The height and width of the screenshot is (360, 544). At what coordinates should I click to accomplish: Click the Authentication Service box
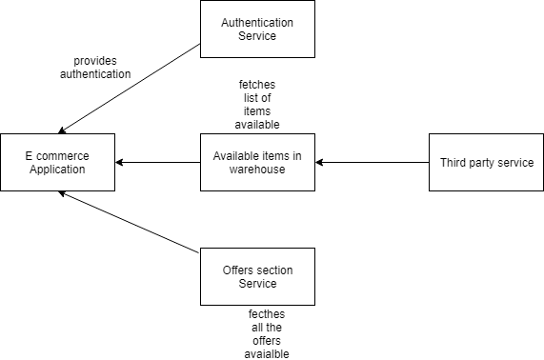[x=257, y=29]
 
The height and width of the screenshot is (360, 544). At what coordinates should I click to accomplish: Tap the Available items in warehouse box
[x=257, y=162]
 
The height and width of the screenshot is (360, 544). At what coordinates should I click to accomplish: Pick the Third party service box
[x=486, y=162]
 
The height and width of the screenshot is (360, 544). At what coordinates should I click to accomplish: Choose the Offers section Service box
[x=257, y=276]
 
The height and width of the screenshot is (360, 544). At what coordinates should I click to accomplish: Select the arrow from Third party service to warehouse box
[x=372, y=163]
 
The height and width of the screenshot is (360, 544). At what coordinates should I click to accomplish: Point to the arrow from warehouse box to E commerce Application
[x=157, y=163]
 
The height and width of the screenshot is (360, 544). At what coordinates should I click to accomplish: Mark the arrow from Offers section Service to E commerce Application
[x=130, y=222]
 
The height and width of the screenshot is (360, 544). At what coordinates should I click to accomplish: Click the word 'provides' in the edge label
[x=94, y=60]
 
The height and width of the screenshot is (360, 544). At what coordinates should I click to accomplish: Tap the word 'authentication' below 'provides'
[x=94, y=73]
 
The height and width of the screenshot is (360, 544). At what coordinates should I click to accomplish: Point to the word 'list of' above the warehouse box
[x=258, y=98]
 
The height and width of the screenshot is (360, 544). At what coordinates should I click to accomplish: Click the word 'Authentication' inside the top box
[x=257, y=22]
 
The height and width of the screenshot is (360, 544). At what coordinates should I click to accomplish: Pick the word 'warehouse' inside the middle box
[x=257, y=170]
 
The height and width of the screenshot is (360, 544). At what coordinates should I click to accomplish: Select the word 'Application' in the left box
[x=57, y=170]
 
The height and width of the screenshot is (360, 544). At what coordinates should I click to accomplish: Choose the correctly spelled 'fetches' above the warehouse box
[x=258, y=85]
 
